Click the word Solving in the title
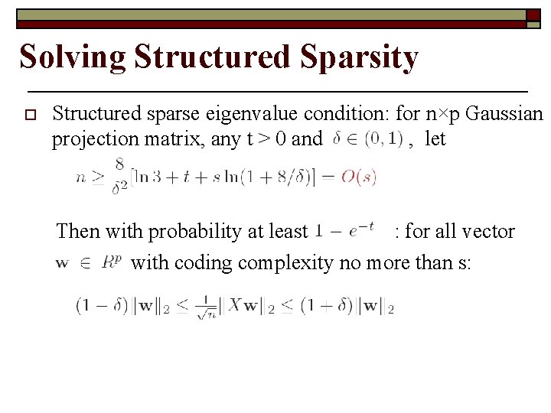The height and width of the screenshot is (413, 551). [x=72, y=58]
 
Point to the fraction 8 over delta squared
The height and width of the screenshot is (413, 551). [x=119, y=177]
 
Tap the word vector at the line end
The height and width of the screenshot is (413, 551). [x=490, y=231]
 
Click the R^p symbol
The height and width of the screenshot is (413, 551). [x=111, y=262]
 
